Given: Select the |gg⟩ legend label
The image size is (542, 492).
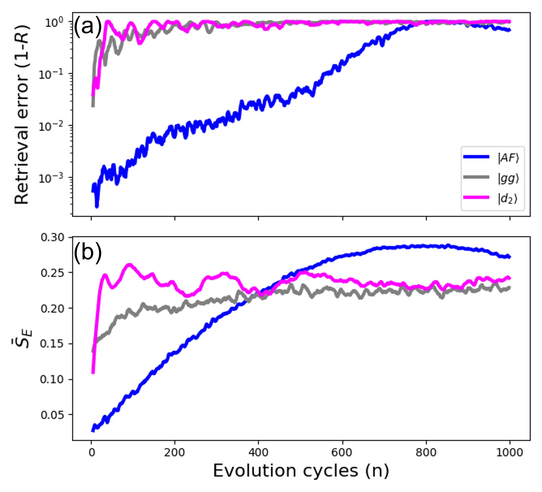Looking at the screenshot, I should pyautogui.click(x=508, y=178).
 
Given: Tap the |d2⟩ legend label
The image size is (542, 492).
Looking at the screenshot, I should pyautogui.click(x=507, y=198).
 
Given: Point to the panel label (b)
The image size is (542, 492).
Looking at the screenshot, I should pyautogui.click(x=88, y=252).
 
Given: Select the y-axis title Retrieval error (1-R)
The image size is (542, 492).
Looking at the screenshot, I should pyautogui.click(x=22, y=115).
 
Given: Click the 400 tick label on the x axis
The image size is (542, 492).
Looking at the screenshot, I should pyautogui.click(x=258, y=452).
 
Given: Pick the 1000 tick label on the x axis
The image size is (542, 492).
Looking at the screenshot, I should pyautogui.click(x=509, y=452).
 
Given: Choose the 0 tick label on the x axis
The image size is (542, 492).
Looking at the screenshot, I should pyautogui.click(x=92, y=452).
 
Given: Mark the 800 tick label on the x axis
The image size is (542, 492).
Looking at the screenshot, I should pyautogui.click(x=426, y=452).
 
